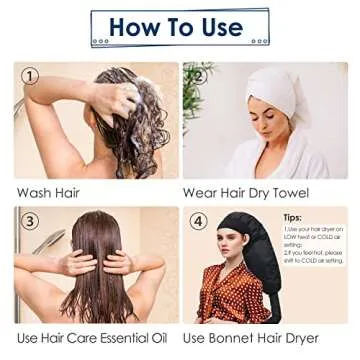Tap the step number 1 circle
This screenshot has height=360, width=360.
click(x=31, y=76)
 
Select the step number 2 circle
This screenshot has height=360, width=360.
click(x=198, y=76)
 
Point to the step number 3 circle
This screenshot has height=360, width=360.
click(x=31, y=222)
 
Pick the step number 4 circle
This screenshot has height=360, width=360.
click(x=198, y=221)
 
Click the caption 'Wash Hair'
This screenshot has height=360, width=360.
click(x=48, y=192)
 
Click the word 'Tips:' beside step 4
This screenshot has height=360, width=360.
click(x=293, y=217)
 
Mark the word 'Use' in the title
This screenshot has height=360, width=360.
click(x=217, y=27)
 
